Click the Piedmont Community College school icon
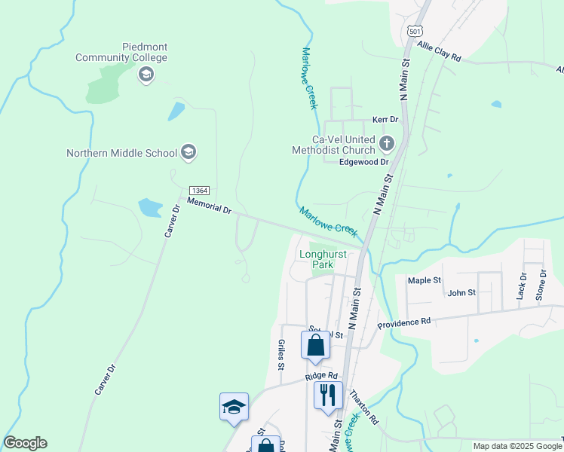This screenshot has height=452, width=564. pos(146,74)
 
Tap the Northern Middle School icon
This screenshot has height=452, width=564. pos(189,153)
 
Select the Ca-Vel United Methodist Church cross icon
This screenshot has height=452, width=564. pos(387,143)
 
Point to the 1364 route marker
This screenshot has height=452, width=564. pos(199,191)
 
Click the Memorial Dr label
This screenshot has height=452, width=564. pos(208,206)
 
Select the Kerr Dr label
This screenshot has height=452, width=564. pos(385,120)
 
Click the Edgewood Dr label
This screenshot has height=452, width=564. pos(363,161)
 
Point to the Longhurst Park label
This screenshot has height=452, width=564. pos(323,259)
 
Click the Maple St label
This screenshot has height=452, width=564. pos(424,280)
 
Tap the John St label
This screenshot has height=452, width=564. pos(461,292)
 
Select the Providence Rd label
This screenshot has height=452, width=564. pos(403,322)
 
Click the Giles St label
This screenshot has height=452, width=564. pos(280,356)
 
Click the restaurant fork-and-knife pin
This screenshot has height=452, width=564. pos(328,394)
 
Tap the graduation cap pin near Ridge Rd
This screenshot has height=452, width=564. pos(234,406)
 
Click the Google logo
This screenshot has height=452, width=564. pos(25,443)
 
